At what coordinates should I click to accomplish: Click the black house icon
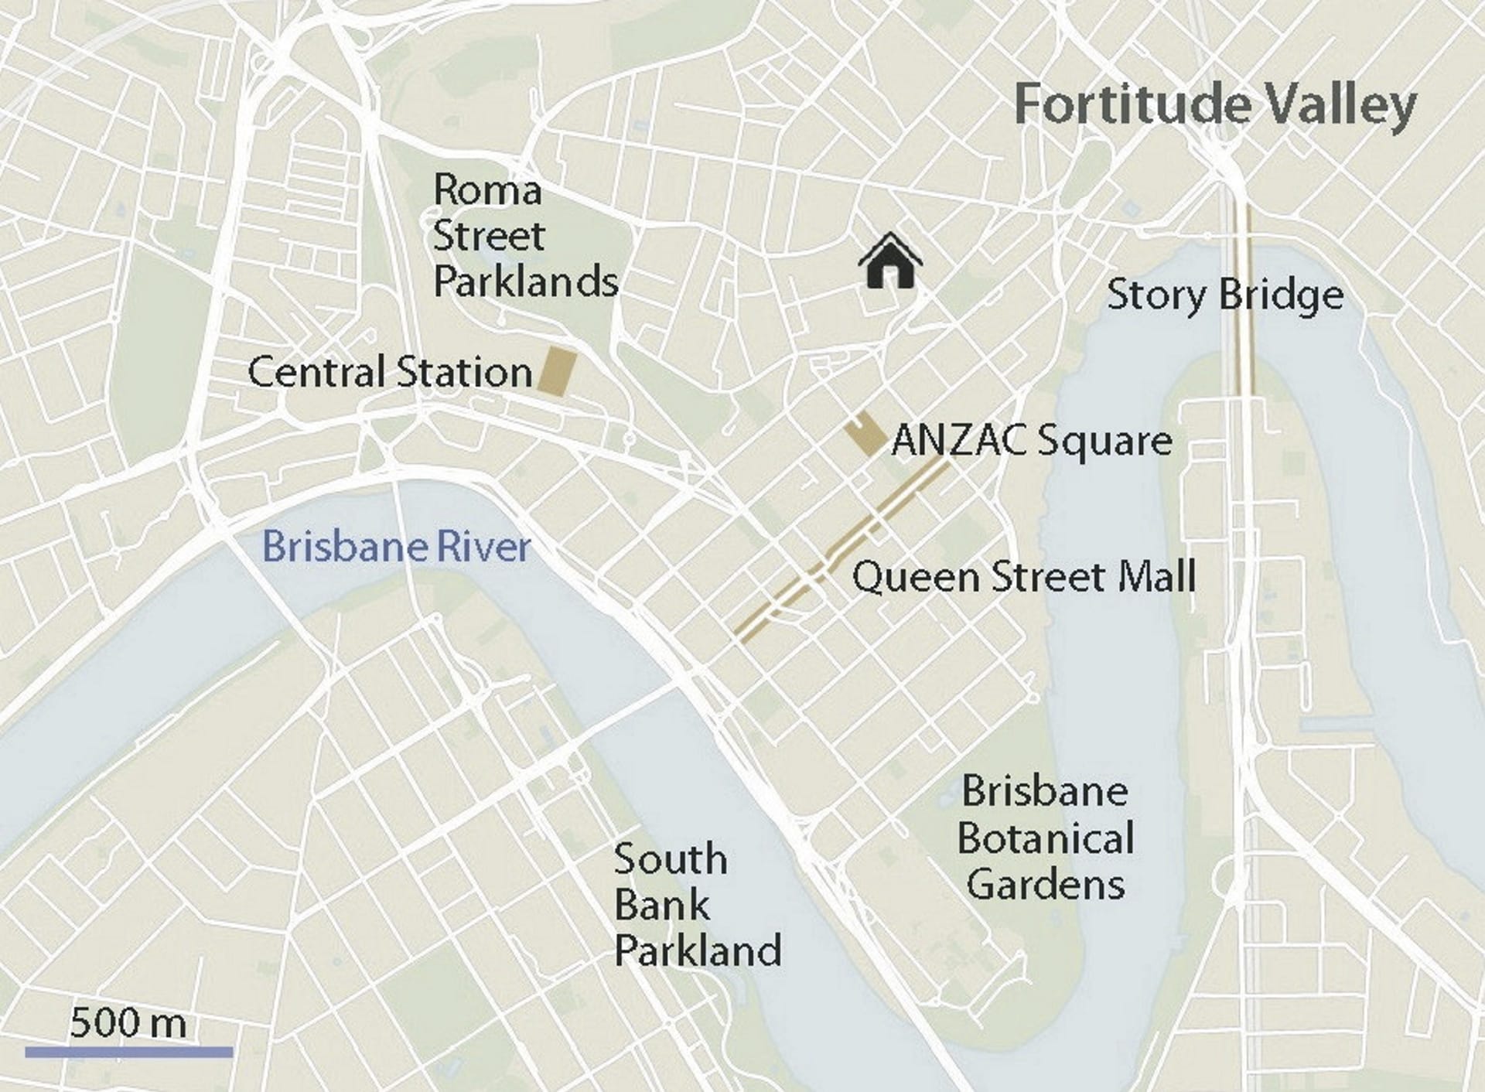pos(890,263)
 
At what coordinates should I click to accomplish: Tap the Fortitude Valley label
pos(1215,104)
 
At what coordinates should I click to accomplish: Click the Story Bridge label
pos(1225,295)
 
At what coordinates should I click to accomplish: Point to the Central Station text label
pos(390,372)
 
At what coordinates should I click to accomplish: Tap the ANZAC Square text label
pos(1032,441)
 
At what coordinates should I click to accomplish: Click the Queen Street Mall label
pos(1024,577)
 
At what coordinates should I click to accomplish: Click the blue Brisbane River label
pos(396,547)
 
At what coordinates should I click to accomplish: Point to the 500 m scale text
pos(128,1023)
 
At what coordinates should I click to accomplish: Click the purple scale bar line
pos(128,1052)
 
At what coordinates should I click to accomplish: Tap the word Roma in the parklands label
pos(486,190)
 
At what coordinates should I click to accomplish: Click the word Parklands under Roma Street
pos(526,282)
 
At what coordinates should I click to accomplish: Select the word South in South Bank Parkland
pos(671,859)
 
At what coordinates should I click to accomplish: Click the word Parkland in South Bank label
pos(698,950)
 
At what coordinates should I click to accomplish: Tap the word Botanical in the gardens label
pos(1046,838)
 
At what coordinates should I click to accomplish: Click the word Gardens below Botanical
pos(1046,884)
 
